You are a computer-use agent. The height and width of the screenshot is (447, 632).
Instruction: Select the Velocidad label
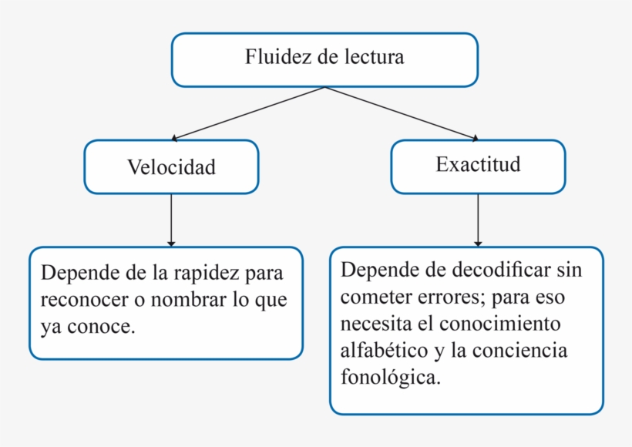[x=171, y=167]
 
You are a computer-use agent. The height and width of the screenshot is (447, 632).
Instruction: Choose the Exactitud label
[x=478, y=164]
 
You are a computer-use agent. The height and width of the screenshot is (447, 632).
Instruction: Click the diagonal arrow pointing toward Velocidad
[x=247, y=113]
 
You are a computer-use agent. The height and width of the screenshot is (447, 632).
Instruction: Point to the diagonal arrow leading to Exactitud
[x=401, y=113]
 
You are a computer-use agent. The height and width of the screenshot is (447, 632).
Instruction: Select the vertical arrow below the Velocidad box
[x=171, y=220]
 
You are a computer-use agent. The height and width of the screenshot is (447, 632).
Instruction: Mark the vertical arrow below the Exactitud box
[x=478, y=220]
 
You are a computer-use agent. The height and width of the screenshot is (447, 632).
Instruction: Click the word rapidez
[x=207, y=274]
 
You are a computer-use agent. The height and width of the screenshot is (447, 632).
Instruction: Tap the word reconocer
[x=82, y=300]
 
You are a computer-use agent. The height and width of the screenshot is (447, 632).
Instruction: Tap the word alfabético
[x=384, y=350]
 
